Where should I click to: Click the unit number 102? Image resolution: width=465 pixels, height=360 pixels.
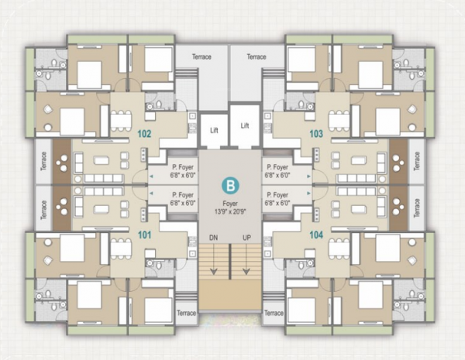[x=143, y=133]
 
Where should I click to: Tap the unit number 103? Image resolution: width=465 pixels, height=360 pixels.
[x=316, y=133]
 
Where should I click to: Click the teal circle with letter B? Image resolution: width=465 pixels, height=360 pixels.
[x=230, y=186]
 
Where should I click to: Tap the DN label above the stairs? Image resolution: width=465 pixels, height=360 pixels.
[x=213, y=237]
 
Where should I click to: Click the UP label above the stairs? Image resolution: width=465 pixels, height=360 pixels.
[x=247, y=237]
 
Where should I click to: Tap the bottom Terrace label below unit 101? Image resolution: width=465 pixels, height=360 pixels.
[x=187, y=313]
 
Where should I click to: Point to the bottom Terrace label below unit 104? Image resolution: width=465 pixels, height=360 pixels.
[x=273, y=313]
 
